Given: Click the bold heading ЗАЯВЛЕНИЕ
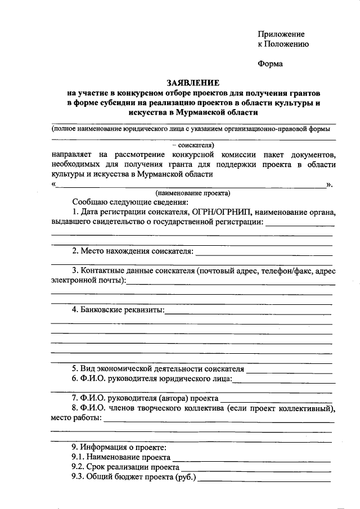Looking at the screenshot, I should click(x=193, y=82).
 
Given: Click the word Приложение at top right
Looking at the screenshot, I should click(x=281, y=34).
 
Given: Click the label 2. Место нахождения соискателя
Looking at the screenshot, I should click(x=132, y=251).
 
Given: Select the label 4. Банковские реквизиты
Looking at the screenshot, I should click(x=118, y=310).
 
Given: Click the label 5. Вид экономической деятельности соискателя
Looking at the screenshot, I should click(x=157, y=369).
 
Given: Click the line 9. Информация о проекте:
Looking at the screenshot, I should click(x=119, y=447).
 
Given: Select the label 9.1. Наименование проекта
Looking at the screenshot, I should click(x=121, y=457).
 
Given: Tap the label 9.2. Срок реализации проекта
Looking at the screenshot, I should click(x=125, y=467).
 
